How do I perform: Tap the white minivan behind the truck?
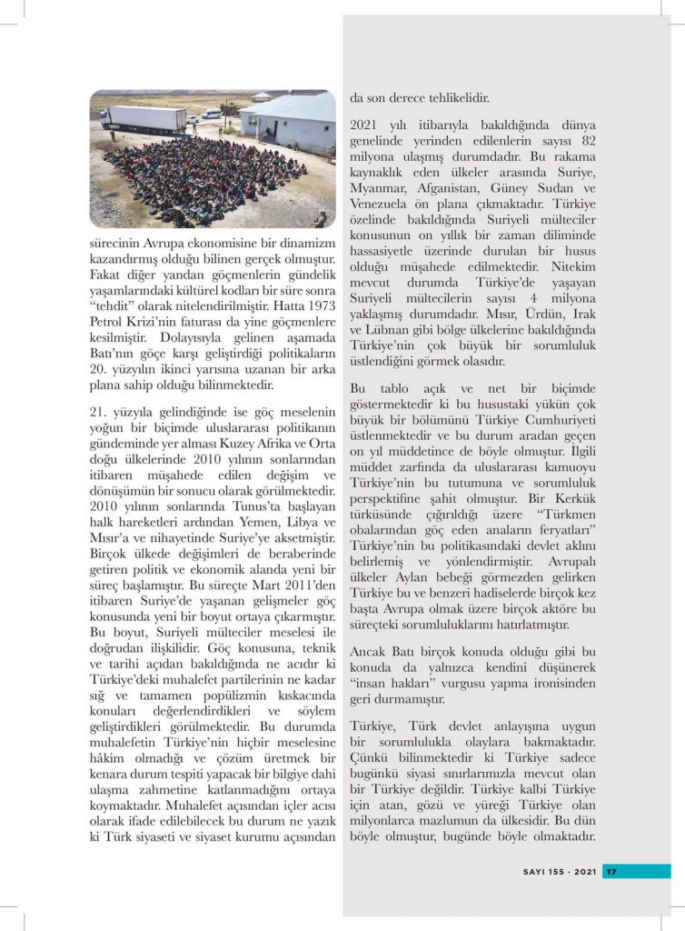click(x=212, y=115)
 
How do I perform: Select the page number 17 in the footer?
click(x=611, y=871)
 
